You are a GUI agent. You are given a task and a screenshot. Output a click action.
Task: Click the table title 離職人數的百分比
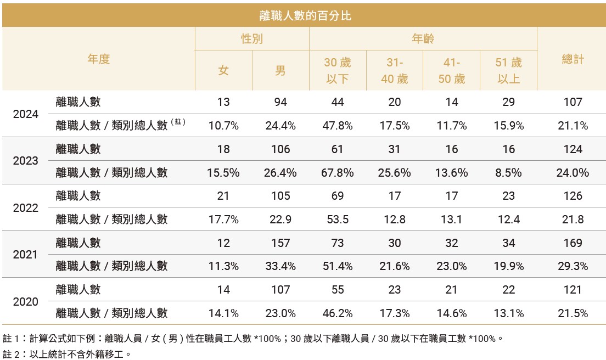[305, 16]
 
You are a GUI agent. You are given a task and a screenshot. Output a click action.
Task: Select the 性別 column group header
[252, 39]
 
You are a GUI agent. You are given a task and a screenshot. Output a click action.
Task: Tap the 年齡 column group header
[423, 39]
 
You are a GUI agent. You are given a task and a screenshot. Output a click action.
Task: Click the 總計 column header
[572, 59]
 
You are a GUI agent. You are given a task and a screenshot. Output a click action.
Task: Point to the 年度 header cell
[99, 59]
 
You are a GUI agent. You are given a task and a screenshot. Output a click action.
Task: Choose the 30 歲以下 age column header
[338, 71]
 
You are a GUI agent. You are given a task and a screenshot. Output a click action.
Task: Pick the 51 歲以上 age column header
[508, 71]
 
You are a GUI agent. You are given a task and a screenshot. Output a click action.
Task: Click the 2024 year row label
[26, 114]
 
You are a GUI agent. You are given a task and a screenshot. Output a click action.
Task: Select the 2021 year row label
[26, 255]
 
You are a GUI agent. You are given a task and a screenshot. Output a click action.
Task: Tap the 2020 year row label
[26, 302]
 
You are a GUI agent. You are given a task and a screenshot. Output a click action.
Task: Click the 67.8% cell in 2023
[338, 173]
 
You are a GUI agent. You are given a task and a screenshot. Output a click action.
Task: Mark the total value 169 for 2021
[572, 243]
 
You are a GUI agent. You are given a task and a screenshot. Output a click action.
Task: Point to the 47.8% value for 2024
[338, 126]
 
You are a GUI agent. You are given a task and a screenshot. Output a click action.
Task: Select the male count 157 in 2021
[280, 243]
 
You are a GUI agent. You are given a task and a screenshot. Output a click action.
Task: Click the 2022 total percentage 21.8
[572, 220]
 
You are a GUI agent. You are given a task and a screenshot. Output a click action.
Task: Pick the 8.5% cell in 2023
[508, 173]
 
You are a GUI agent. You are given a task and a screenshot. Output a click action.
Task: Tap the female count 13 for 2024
[223, 102]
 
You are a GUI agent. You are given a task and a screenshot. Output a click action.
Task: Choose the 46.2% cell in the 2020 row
[338, 313]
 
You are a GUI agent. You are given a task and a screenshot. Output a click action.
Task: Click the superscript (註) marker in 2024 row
[178, 122]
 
